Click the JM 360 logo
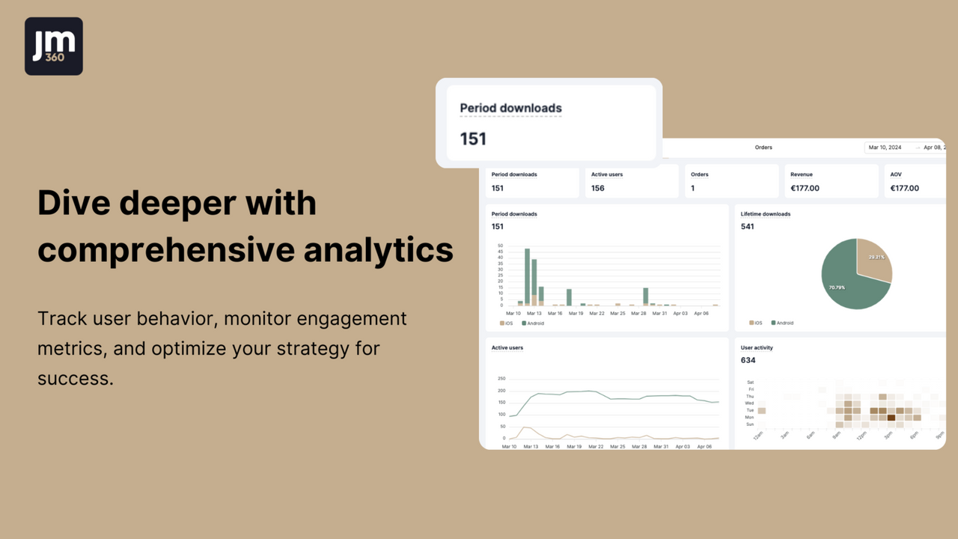click(x=54, y=46)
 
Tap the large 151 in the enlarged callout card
click(x=473, y=138)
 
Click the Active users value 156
click(x=598, y=188)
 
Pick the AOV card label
click(x=896, y=174)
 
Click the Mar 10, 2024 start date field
click(x=885, y=147)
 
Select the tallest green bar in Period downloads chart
click(x=527, y=276)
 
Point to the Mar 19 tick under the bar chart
click(x=576, y=314)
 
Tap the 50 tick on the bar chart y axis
click(x=500, y=246)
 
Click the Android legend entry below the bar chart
click(x=533, y=323)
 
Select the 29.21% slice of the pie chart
click(x=873, y=260)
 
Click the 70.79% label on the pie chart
click(x=837, y=287)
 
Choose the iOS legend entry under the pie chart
click(x=756, y=323)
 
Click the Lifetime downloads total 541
click(x=748, y=226)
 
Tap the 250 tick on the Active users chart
click(x=501, y=379)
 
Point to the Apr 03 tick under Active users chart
click(x=683, y=446)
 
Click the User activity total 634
click(x=748, y=360)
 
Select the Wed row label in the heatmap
click(x=749, y=404)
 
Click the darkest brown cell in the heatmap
click(x=891, y=418)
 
